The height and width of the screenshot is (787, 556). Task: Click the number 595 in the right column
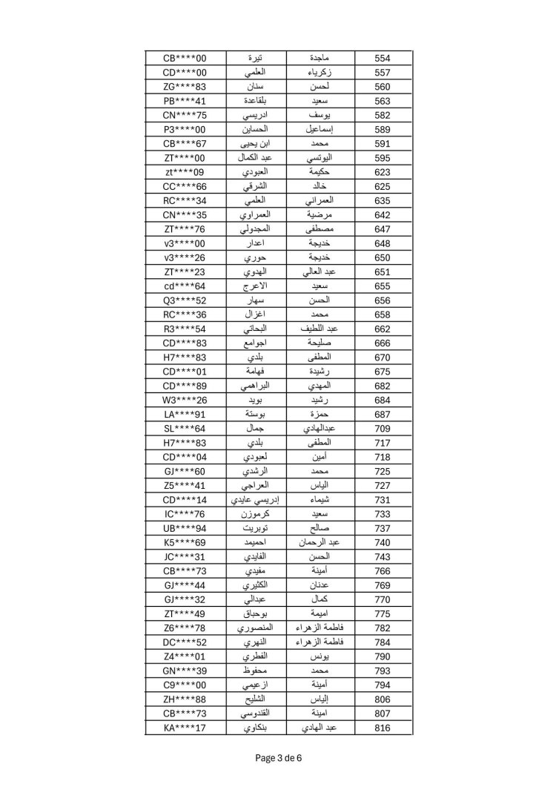pos(383,158)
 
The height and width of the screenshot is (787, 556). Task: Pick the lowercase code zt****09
pos(185,172)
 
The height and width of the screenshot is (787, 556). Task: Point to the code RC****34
pos(185,201)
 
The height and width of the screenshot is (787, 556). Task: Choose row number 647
pos(383,229)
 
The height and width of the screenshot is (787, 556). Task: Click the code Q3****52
pos(185,300)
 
